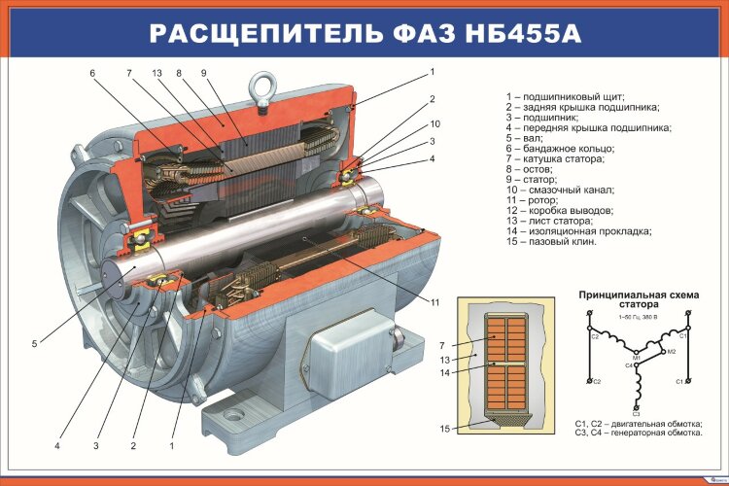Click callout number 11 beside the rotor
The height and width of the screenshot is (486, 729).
pos(435,301)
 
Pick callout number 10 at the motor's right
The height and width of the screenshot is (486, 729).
pos(434,123)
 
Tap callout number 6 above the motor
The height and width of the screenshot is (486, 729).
pos(92,73)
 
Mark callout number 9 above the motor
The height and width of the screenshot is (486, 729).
pos(204,73)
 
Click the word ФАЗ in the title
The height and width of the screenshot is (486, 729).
pos(420,34)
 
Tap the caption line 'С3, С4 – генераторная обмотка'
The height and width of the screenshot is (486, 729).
pos(638,434)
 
